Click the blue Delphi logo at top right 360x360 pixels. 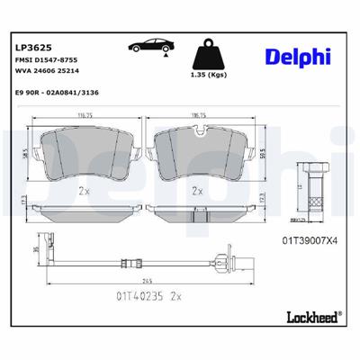(x=298, y=56)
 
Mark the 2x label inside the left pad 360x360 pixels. (x=85, y=190)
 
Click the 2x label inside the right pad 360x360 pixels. (x=198, y=190)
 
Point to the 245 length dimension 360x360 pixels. (x=142, y=276)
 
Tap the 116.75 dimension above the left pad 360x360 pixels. (x=85, y=116)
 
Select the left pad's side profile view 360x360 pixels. (x=85, y=211)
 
